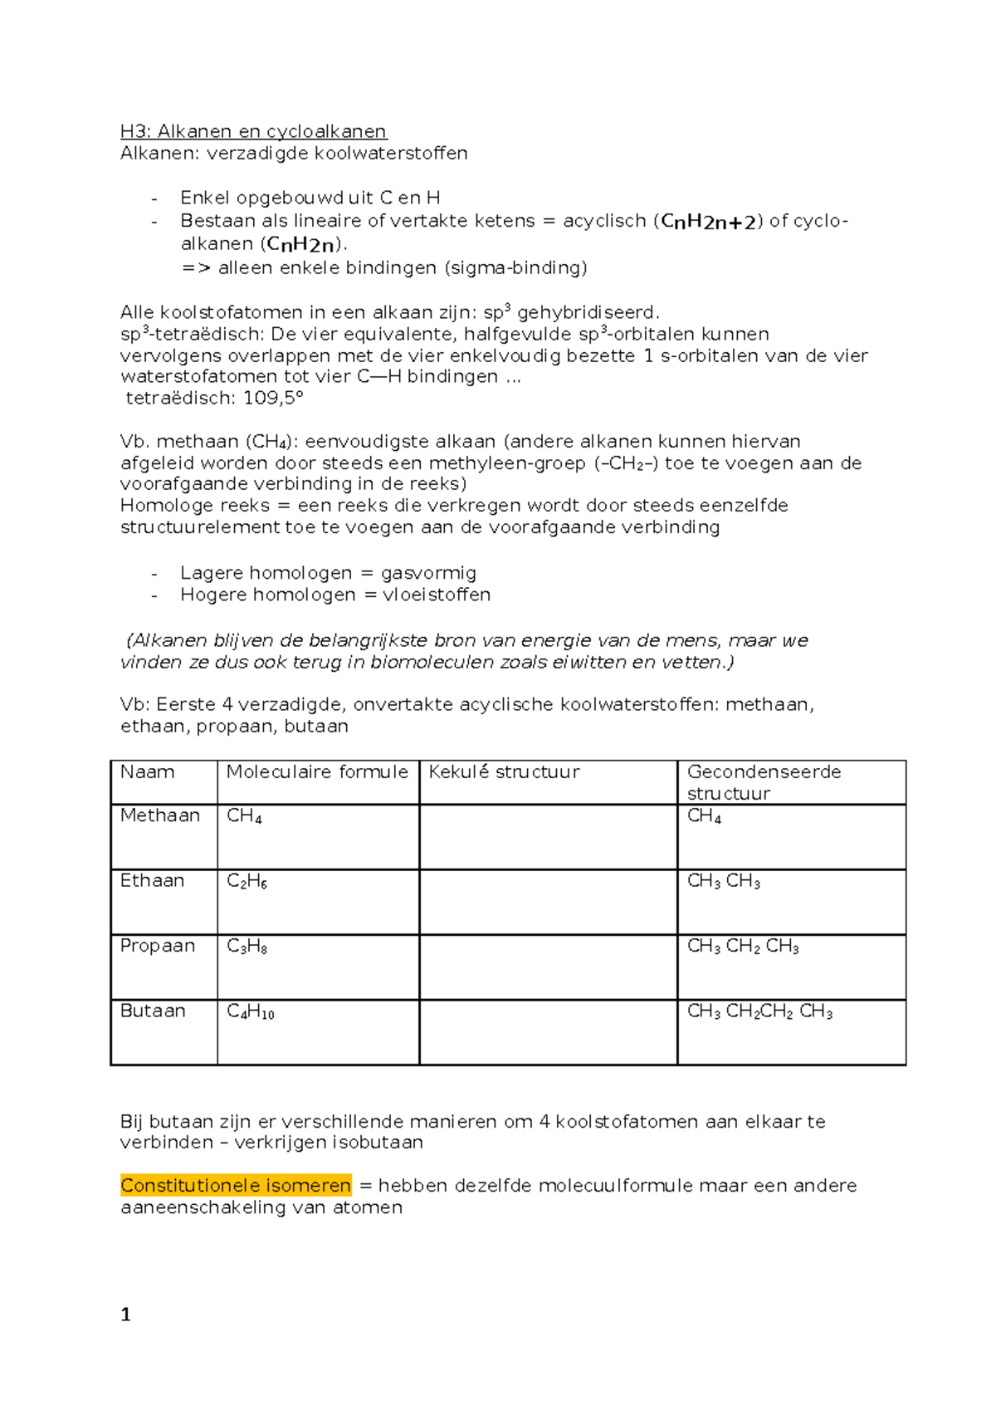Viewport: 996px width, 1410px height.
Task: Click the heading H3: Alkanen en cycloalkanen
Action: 253,131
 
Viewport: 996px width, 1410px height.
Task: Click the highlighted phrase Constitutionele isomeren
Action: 236,1185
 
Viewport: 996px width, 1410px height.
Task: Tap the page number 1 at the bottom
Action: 125,1314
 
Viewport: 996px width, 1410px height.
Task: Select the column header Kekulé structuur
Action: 504,772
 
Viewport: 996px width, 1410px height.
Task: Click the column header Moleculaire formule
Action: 317,772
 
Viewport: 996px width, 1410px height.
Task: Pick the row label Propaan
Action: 158,946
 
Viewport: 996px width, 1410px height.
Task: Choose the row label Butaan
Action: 153,1011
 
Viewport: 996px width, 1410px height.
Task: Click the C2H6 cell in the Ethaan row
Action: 247,881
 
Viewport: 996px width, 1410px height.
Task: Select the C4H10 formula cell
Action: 250,1011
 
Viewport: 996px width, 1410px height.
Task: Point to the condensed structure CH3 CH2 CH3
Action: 743,947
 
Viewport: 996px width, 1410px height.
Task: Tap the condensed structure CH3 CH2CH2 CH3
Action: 759,1011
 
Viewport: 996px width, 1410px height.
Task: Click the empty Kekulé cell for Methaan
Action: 548,837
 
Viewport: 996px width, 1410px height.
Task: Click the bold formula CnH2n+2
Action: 709,222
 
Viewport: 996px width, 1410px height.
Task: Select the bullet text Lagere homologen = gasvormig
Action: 328,573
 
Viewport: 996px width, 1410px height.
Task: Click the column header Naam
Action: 147,772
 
